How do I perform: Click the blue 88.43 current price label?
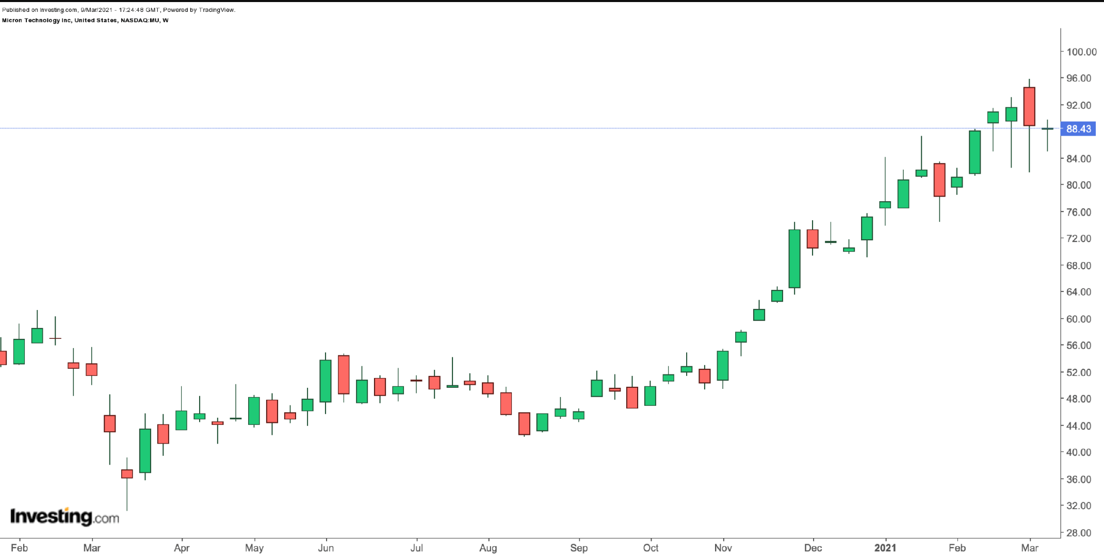point(1078,129)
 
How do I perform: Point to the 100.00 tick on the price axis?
point(1081,52)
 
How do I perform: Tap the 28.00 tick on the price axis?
point(1079,533)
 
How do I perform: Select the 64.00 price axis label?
point(1079,292)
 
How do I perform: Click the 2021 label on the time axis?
point(885,548)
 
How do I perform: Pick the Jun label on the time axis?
point(326,548)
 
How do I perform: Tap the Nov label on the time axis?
point(723,548)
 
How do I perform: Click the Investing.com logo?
point(64,516)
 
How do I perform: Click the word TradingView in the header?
point(216,10)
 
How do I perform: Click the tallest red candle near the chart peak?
point(1029,106)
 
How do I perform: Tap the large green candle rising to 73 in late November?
point(794,258)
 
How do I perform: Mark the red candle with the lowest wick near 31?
point(127,473)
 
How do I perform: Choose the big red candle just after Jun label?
point(344,374)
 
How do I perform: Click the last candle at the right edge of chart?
point(1047,129)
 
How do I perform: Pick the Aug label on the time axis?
point(488,548)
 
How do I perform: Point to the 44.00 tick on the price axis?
point(1079,426)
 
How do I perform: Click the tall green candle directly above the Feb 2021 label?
point(975,152)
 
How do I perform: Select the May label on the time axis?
point(254,548)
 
